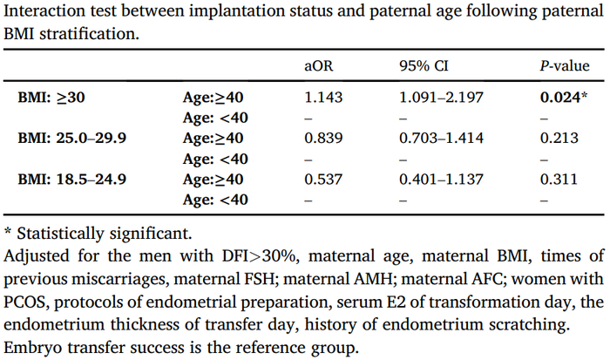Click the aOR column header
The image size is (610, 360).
click(x=317, y=67)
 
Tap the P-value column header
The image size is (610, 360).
click(x=569, y=67)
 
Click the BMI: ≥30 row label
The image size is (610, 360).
click(x=51, y=97)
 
